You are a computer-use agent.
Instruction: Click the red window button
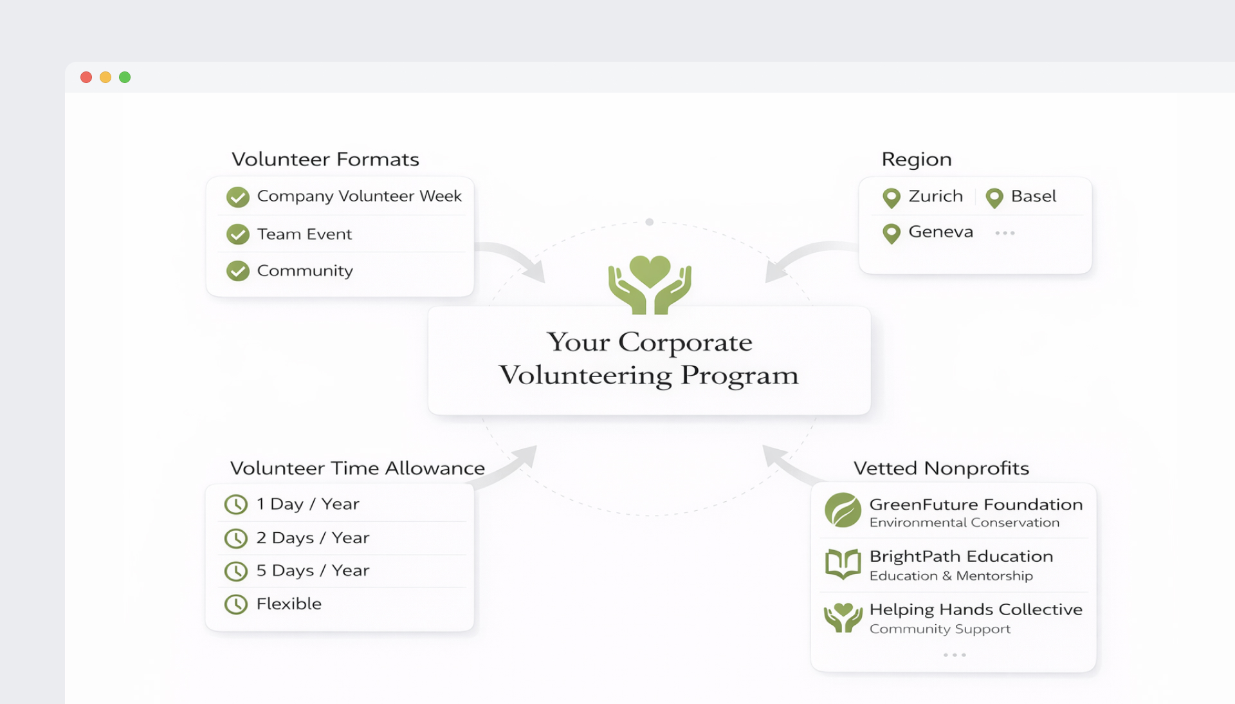pos(86,77)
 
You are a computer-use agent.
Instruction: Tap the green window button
pos(125,77)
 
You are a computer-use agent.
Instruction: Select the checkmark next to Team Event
pos(238,234)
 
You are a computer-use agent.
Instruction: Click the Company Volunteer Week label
pos(359,196)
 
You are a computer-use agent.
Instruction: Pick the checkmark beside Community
pos(238,271)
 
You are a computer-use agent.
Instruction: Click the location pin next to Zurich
pos(892,198)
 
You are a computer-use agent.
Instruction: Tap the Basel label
pos(1033,196)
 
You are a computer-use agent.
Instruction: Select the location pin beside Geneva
pos(892,233)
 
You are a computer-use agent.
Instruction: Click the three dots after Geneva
pos(1005,233)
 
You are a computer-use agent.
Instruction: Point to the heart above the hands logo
pos(650,270)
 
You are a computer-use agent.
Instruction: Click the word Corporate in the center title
pos(685,342)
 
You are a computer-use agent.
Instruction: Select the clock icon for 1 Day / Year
pos(236,505)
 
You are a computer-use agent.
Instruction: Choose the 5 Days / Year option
pos(313,571)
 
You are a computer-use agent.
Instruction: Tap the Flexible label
pos(289,604)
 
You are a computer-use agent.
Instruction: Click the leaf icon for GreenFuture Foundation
pos(843,510)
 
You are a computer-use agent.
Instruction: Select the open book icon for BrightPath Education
pos(843,564)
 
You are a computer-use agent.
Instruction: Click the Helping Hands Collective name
pos(976,609)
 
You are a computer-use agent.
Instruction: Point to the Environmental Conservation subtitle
pos(964,523)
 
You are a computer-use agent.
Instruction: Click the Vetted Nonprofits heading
pos(941,468)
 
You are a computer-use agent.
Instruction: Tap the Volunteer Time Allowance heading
pos(358,468)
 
